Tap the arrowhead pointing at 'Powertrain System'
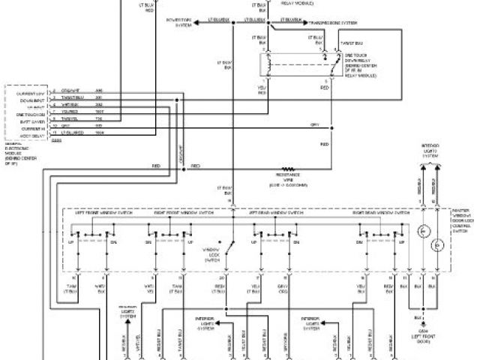[199, 22]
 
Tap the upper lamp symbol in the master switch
[422, 228]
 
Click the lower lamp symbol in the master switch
[434, 244]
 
